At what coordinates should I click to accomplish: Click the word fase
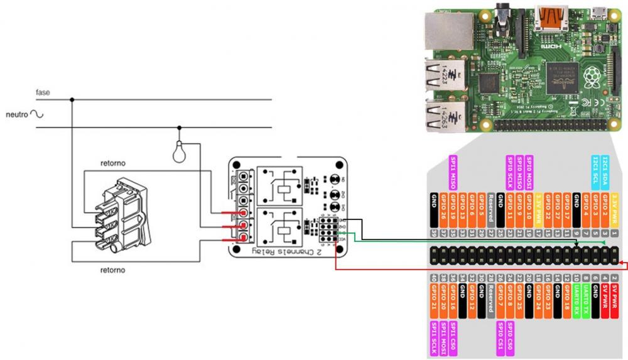point(43,92)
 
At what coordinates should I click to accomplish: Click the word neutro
point(16,115)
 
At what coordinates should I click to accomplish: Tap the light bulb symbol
point(180,150)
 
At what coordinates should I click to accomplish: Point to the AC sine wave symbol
point(36,114)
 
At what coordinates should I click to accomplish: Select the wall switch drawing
point(119,214)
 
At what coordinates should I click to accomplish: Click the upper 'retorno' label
point(113,163)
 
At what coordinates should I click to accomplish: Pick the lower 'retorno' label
point(113,270)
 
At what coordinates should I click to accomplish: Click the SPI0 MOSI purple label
point(529,171)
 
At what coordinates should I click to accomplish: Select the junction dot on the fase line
point(72,99)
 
